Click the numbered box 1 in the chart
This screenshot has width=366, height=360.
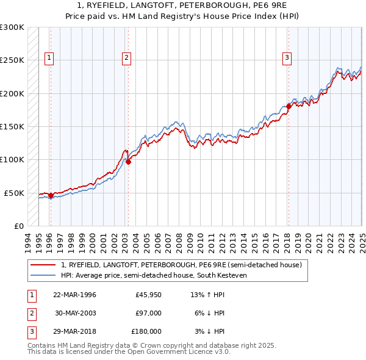coord(49,59)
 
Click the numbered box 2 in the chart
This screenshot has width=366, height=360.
coord(126,59)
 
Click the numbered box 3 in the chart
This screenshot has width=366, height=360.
coord(287,59)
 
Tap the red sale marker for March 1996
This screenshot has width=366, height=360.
coord(51,195)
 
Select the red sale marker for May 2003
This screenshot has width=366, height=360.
coord(128,162)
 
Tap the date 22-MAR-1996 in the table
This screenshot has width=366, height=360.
coord(74,295)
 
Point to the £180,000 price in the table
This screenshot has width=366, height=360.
coord(146,331)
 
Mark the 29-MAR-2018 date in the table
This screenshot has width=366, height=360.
coord(74,331)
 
